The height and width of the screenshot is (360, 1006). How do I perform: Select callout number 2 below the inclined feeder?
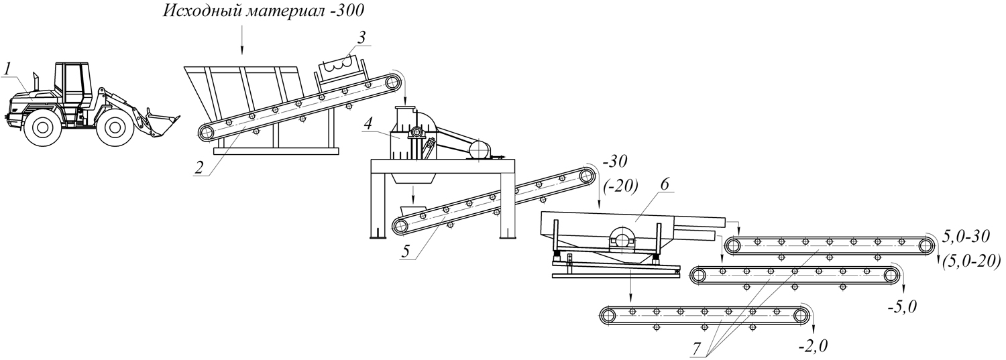(199, 168)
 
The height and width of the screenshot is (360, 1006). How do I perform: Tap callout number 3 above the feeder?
(361, 38)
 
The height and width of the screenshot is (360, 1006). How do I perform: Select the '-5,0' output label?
(901, 306)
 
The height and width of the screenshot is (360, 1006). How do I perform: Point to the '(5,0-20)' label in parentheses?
(971, 261)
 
